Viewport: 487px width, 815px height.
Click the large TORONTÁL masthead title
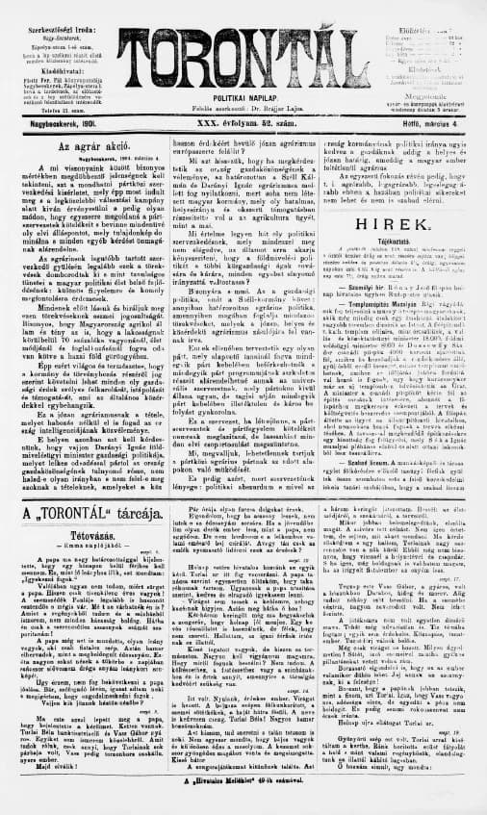coord(244,43)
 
